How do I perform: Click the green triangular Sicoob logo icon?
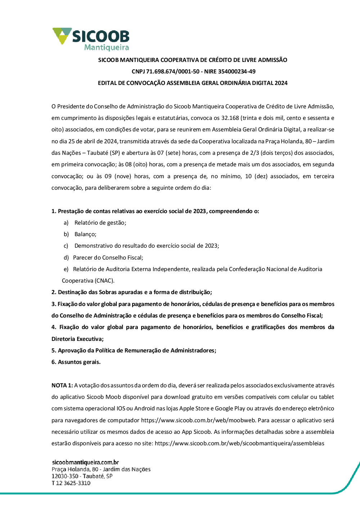[x=62, y=35]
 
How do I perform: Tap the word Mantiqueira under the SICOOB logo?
[x=106, y=48]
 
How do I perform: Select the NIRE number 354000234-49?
[x=236, y=71]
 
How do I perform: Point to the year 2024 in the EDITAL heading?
[x=281, y=83]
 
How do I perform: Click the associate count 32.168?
[x=230, y=118]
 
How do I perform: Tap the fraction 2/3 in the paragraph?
[x=255, y=153]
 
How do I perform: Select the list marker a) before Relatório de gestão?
[x=66, y=223]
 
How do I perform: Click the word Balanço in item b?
[x=85, y=234]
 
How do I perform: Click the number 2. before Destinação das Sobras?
[x=54, y=292]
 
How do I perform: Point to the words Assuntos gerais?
[x=79, y=362]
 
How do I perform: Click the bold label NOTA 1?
[x=62, y=386]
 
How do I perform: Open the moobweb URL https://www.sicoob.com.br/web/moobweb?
[x=198, y=420]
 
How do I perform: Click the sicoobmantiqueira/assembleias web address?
[x=239, y=443]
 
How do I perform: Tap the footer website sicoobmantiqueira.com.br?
[x=85, y=462]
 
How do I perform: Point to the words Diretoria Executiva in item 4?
[x=77, y=339]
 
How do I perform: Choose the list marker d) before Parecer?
[x=66, y=258]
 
